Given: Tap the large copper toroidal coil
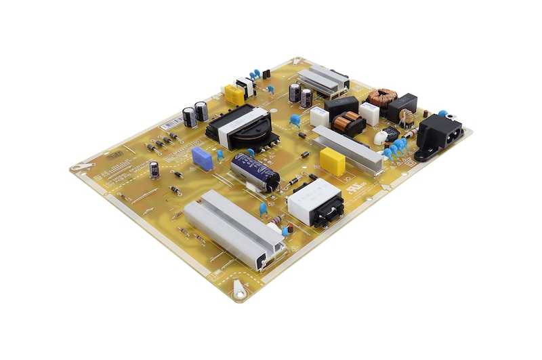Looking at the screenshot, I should coord(386,97).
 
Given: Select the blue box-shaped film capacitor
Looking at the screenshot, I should coord(201,157).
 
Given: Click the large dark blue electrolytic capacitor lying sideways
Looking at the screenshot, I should coord(255,171).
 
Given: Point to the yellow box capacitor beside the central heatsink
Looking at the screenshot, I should coord(332,161).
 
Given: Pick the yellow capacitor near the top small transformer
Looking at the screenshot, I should coord(234,94).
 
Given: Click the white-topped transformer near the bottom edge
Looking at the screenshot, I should coord(315,203).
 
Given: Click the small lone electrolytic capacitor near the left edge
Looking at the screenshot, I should coord(154,169).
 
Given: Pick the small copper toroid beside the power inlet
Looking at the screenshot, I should coord(406,117).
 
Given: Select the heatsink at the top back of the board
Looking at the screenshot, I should coord(322,80).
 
